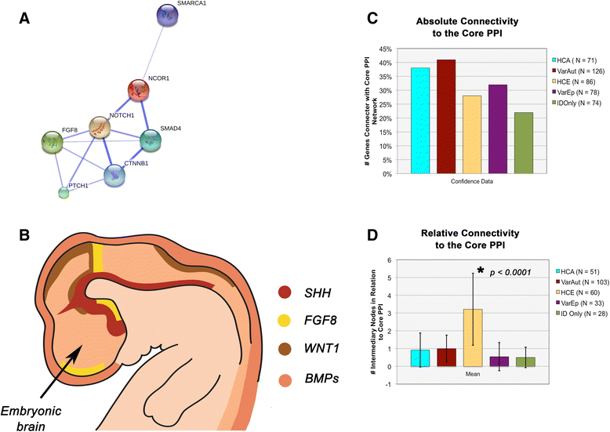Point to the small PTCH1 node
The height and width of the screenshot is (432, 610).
pos(64,192)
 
